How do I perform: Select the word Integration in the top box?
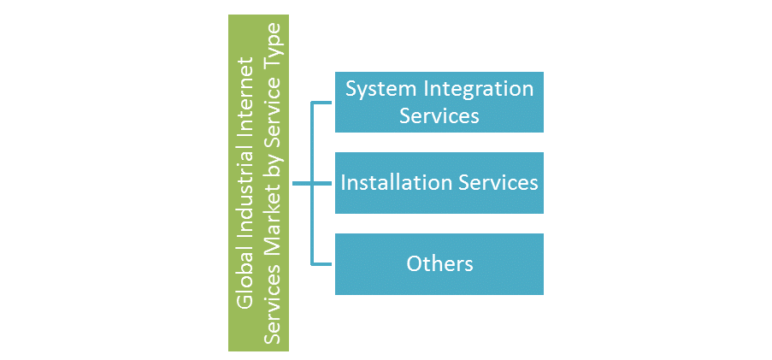pos(475,89)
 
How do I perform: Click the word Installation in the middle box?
pos(392,182)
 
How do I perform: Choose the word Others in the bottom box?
pos(439,263)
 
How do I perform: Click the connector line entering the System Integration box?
pos(323,103)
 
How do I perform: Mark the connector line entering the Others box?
pos(323,263)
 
